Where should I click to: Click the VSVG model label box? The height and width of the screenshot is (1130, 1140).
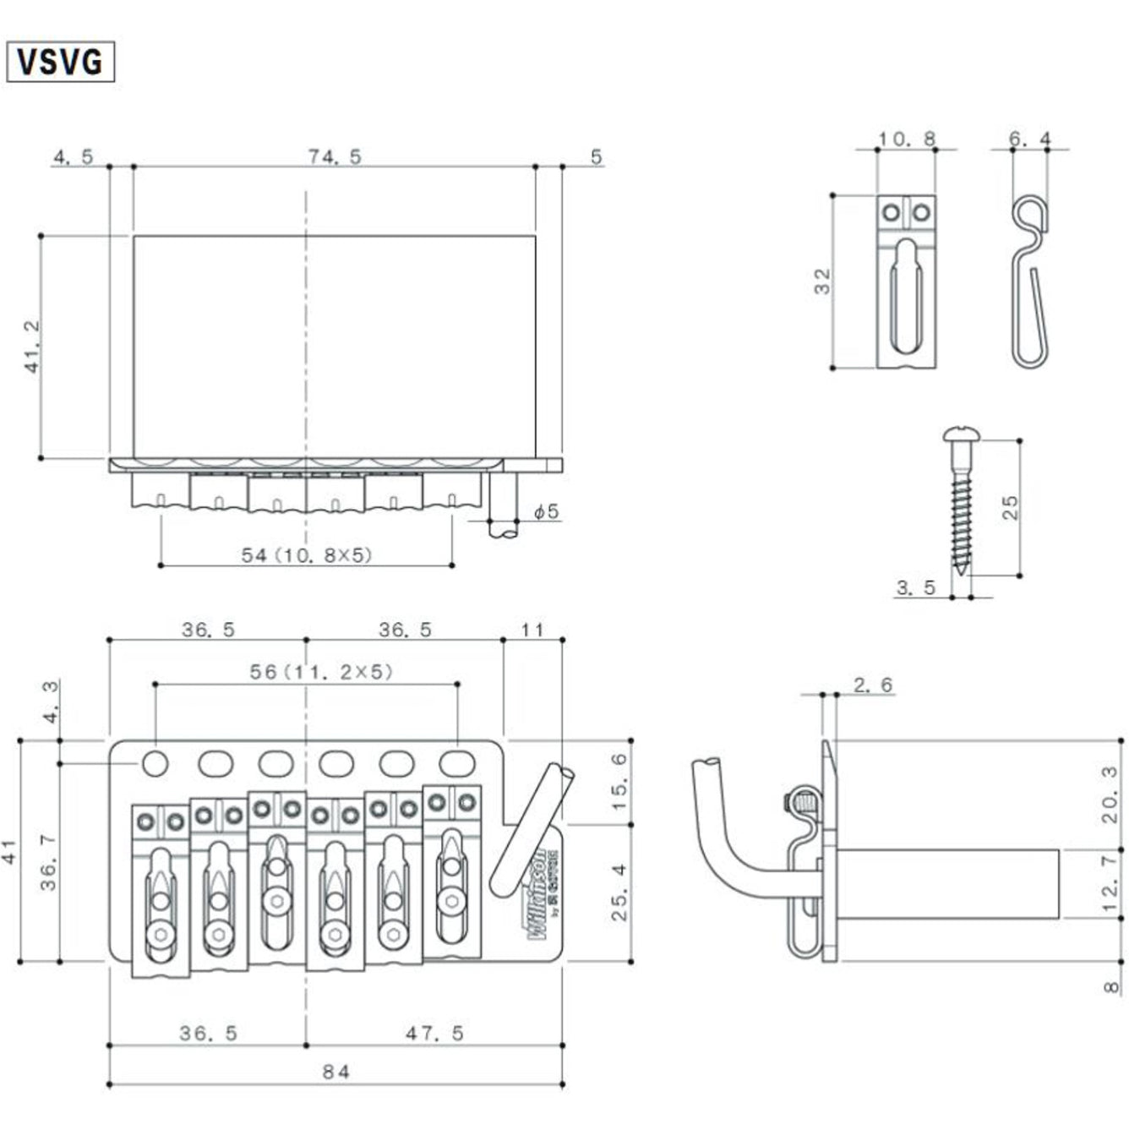60,62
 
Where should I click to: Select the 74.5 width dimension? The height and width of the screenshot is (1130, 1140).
335,156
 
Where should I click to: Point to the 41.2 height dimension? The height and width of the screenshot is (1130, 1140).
32,347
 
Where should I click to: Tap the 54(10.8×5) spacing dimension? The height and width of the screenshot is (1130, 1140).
307,555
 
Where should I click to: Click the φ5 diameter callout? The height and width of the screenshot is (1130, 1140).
547,511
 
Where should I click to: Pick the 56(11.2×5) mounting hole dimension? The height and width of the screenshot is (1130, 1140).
321,672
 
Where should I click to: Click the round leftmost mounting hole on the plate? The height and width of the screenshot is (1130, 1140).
155,763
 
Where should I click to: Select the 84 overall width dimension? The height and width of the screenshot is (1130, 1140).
335,1072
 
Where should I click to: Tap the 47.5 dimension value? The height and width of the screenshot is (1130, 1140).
434,1033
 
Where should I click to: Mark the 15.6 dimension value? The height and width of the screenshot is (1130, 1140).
619,782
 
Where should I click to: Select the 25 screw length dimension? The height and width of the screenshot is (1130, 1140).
1010,507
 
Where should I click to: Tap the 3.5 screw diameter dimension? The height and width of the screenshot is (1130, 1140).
915,587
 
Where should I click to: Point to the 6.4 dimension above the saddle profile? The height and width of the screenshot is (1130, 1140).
1029,139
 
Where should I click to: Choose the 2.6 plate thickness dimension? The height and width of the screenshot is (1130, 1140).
873,685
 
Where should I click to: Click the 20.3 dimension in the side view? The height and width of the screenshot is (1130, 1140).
1110,794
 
